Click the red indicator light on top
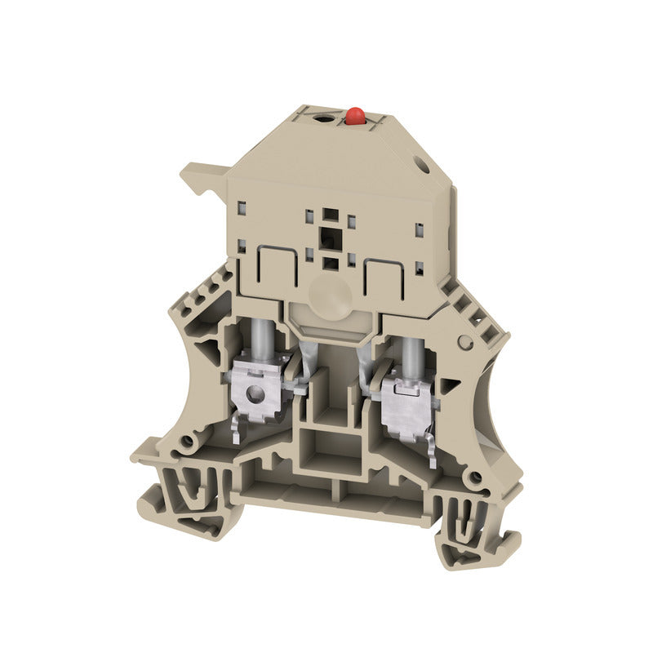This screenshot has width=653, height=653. pos(354,116)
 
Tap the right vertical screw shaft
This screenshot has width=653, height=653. pos(409,352)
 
